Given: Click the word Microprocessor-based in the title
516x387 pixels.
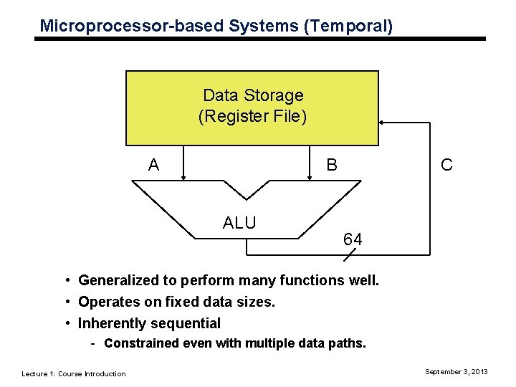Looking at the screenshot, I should (x=133, y=27).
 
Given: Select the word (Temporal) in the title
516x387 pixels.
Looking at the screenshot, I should (x=348, y=27).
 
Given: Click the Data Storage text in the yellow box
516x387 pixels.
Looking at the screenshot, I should (x=253, y=95).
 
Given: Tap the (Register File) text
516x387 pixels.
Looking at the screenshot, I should (x=253, y=115).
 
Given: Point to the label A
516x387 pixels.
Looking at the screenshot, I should (x=153, y=166).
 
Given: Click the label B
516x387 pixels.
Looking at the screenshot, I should (x=332, y=166).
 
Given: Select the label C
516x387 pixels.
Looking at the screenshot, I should (x=446, y=166).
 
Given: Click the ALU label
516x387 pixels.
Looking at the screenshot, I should (x=239, y=223).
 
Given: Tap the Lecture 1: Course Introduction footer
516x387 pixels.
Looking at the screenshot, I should (x=74, y=373).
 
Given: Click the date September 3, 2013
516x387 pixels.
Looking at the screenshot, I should (x=457, y=371).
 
